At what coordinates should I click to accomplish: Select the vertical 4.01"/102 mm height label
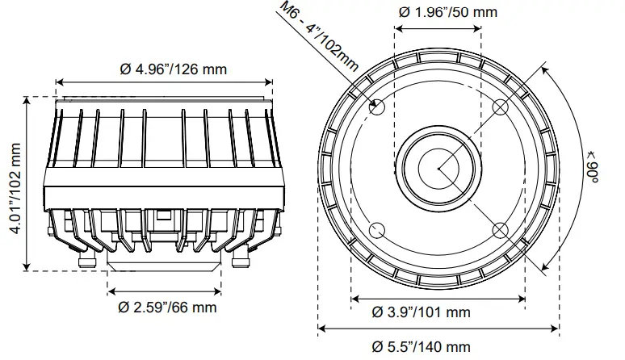(15, 184)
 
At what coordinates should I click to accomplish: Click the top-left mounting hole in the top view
(377, 106)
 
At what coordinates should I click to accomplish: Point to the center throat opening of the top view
(438, 168)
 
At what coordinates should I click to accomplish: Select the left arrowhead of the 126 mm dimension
(58, 82)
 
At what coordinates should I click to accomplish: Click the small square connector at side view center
(165, 217)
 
